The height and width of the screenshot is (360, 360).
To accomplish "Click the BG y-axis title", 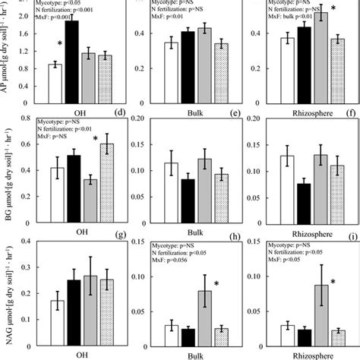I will pyautogui.click(x=7, y=167).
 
